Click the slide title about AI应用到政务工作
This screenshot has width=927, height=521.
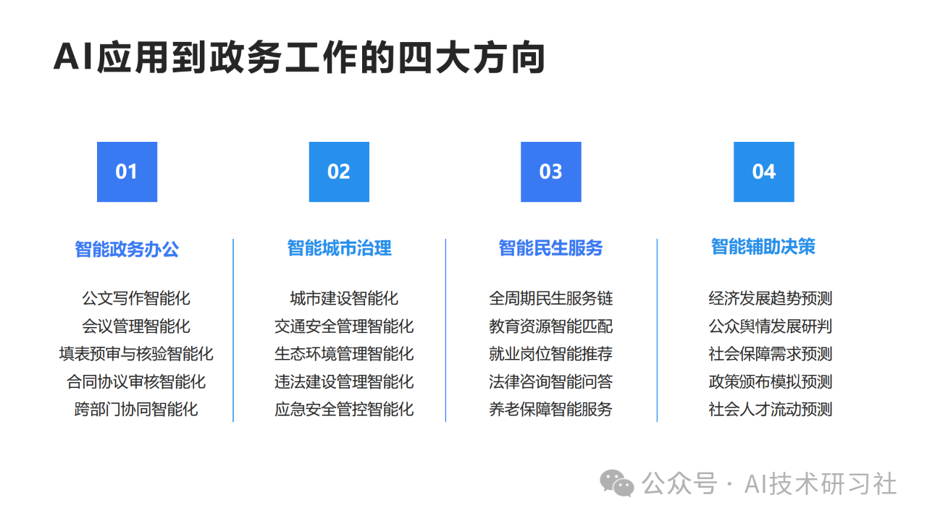[x=299, y=57]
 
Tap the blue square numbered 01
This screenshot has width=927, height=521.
[x=127, y=172]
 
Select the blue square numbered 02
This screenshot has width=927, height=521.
[x=339, y=172]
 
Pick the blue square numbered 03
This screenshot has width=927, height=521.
[x=551, y=172]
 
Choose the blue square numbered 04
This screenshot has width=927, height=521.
[x=764, y=172]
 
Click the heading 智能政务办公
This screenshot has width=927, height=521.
[x=127, y=250]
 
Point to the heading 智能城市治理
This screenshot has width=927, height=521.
[x=340, y=248]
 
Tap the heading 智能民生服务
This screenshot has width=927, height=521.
[x=551, y=248]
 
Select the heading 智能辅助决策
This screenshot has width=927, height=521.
[x=763, y=247]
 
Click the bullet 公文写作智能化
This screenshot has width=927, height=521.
[x=136, y=298]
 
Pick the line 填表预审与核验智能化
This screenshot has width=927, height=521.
[x=136, y=354]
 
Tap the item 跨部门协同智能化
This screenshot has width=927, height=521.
[x=136, y=410]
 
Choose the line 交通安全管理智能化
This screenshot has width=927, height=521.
[x=344, y=326]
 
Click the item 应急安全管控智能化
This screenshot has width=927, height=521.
[x=344, y=410]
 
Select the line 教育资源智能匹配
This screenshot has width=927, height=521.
[x=551, y=326]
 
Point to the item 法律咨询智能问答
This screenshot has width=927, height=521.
[x=551, y=381]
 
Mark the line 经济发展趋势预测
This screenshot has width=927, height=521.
[x=770, y=298]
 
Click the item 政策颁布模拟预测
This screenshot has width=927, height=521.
[x=770, y=381]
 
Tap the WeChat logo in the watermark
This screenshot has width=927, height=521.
[x=616, y=483]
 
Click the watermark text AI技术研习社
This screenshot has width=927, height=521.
[x=821, y=484]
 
